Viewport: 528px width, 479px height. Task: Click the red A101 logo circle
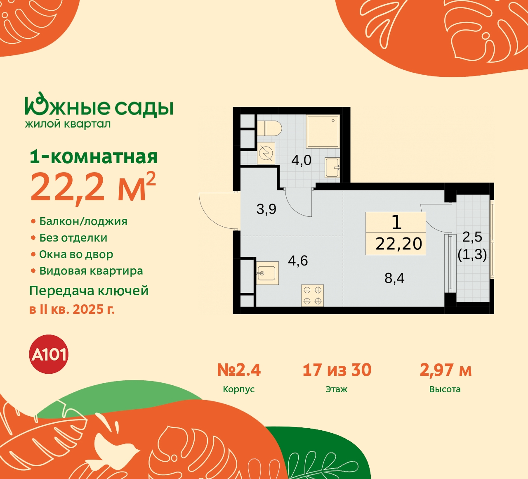tap(49, 354)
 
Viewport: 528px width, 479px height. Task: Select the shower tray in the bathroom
tap(323, 131)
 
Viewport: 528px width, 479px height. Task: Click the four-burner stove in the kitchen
tap(312, 296)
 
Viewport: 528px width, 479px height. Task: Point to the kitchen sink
tap(267, 273)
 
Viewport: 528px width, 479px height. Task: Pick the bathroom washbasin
tap(332, 167)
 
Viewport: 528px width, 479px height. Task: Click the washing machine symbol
tap(266, 154)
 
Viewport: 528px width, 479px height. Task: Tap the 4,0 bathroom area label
tap(301, 160)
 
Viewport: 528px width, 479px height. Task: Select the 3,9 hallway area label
tap(266, 209)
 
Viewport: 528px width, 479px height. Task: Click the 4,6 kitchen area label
tap(298, 261)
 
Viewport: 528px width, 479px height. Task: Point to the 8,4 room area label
tap(394, 278)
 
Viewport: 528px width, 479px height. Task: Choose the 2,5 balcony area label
tap(472, 237)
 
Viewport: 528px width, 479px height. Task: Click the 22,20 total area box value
tap(398, 244)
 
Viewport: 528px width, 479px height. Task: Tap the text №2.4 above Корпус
tap(239, 370)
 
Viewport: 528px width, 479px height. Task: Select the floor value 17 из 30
tap(337, 370)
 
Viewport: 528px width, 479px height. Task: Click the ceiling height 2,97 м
tap(445, 370)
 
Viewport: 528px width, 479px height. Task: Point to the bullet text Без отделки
tap(73, 238)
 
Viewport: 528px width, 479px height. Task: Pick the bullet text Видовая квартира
tap(91, 271)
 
